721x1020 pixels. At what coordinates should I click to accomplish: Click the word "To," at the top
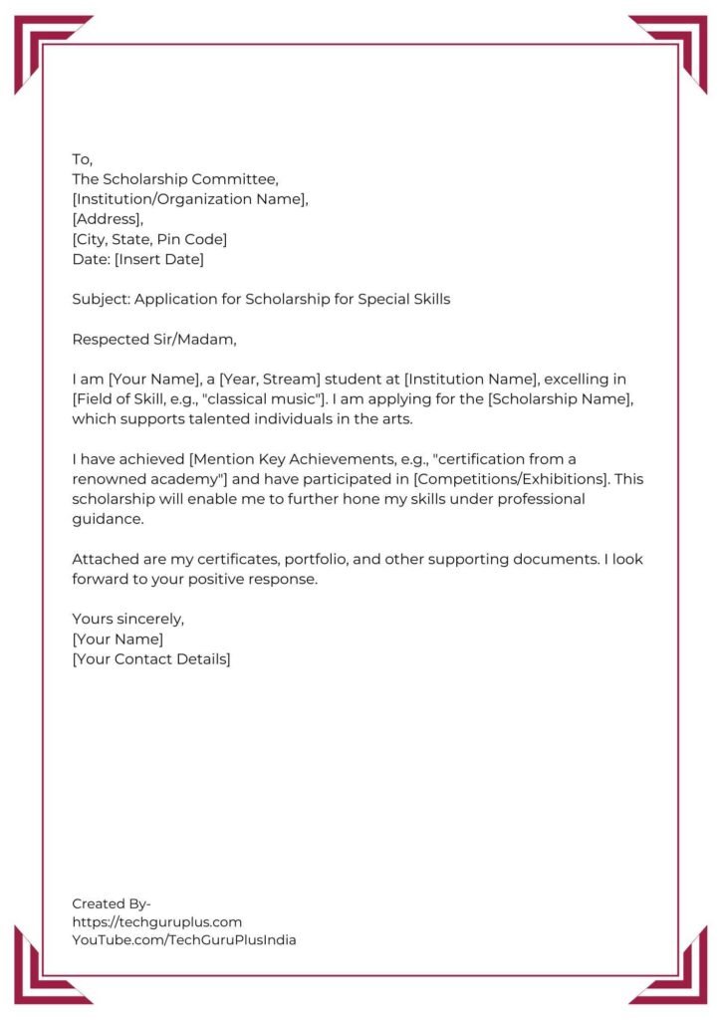(x=82, y=159)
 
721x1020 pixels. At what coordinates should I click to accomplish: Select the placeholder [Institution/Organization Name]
(x=190, y=199)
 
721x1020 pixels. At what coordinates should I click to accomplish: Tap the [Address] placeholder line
(x=108, y=219)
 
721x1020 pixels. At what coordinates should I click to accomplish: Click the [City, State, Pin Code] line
(x=149, y=239)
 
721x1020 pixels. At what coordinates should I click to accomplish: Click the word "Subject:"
(x=101, y=299)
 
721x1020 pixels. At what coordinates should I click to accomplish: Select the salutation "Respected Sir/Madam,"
(x=154, y=339)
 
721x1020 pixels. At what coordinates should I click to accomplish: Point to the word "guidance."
(x=108, y=518)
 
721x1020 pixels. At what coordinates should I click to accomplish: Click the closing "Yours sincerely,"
(x=128, y=619)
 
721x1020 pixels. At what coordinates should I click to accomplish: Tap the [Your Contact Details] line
(x=150, y=658)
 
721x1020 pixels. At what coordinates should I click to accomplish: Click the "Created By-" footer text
(x=112, y=903)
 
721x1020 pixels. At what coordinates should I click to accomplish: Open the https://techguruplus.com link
(x=156, y=921)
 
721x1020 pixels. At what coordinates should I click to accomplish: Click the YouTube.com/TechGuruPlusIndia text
(x=183, y=939)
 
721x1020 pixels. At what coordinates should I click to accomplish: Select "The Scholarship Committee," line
(x=175, y=179)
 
